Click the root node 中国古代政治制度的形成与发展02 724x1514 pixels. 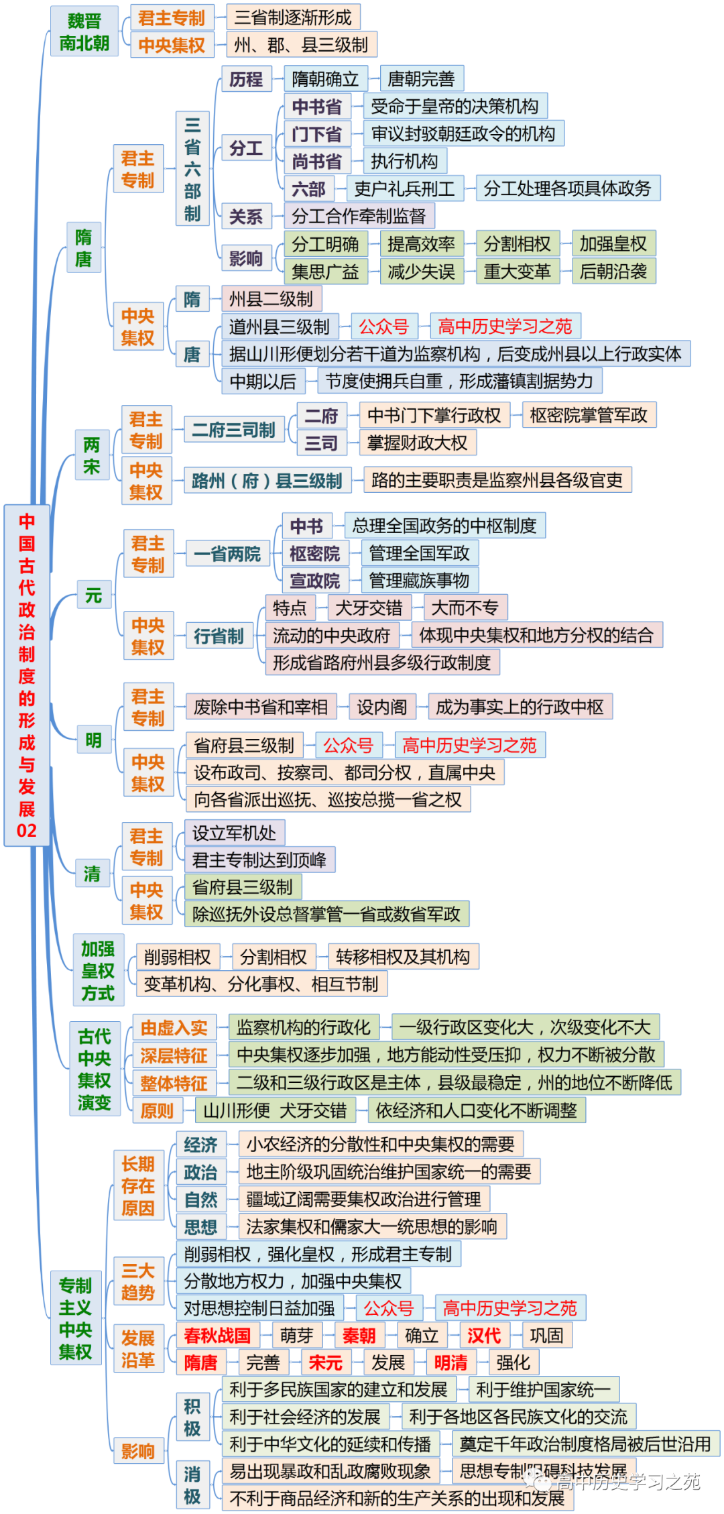point(27,675)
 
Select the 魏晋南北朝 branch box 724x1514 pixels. point(84,32)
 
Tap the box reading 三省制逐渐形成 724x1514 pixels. point(293,17)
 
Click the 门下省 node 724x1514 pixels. point(316,134)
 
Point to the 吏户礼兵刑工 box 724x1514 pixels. point(404,189)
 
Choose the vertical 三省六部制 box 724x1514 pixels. point(192,169)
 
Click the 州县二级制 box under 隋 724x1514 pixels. point(271,299)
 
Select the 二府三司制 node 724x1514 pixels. point(233,430)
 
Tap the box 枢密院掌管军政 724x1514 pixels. point(588,415)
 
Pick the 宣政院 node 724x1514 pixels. point(314,581)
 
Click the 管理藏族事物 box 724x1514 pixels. point(419,581)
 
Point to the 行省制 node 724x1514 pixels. point(219,636)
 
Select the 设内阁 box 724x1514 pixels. point(381,707)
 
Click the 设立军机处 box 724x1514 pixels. point(234,833)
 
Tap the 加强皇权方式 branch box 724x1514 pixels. point(98,970)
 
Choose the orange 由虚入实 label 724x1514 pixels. point(174,1028)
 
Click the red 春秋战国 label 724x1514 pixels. point(217,1335)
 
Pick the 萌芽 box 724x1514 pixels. point(296,1335)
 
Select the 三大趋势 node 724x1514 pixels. point(138,1281)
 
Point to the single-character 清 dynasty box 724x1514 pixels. point(92,874)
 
